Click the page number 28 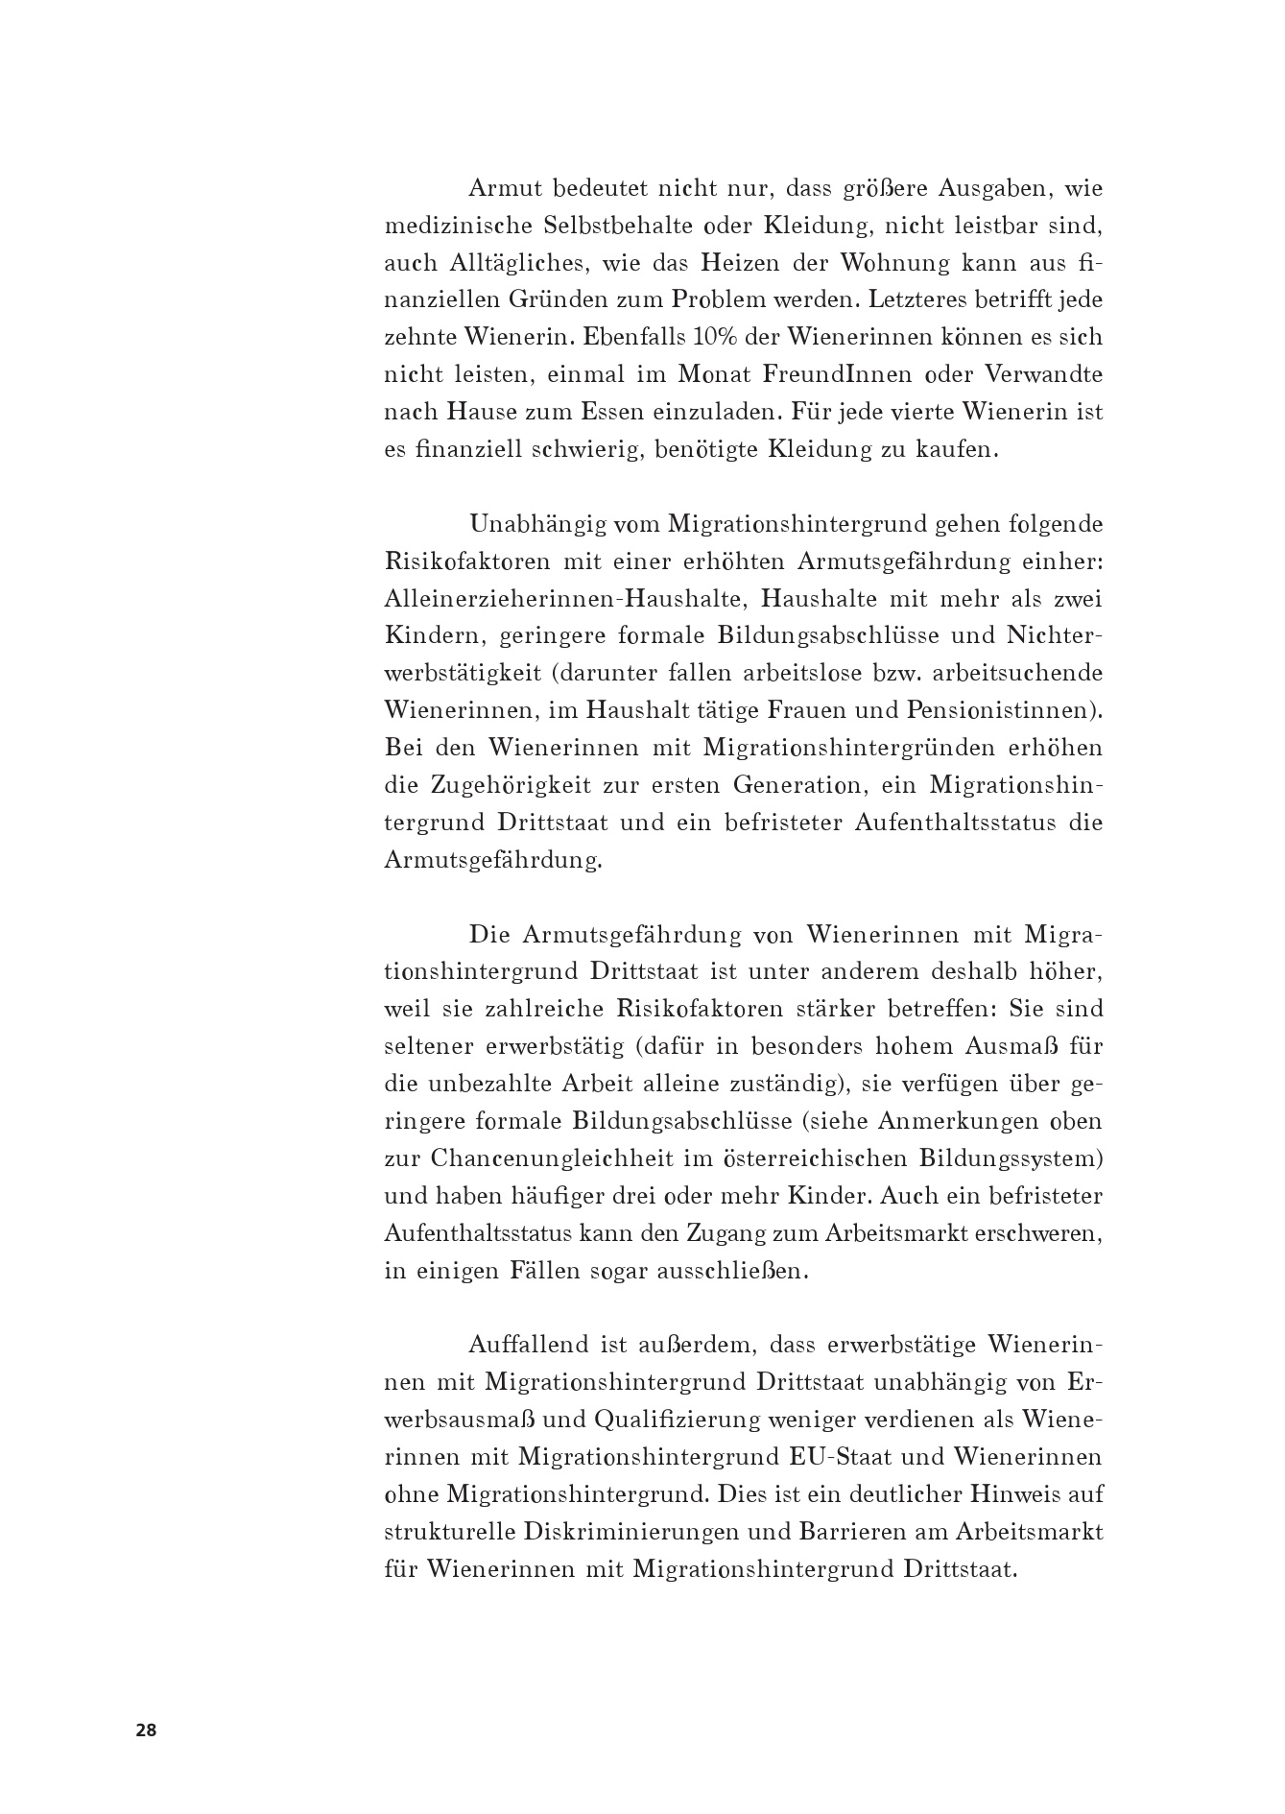click(146, 1730)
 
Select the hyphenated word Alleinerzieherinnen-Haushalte click(562, 599)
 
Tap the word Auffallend click(528, 1346)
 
